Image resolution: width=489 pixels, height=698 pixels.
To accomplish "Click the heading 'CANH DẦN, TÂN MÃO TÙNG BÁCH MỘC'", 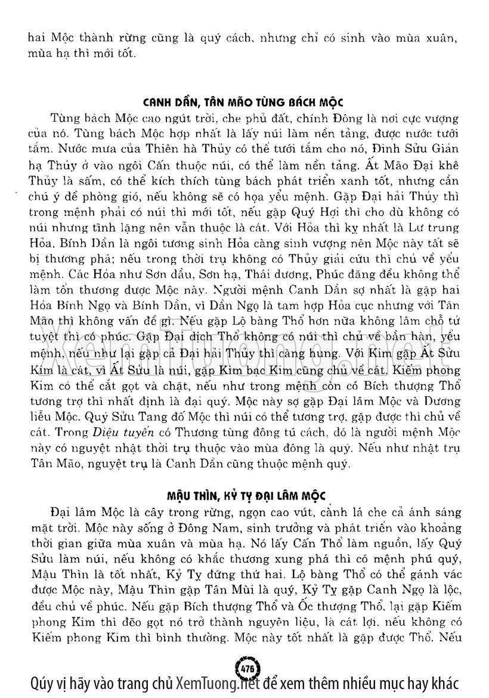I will [x=244, y=101].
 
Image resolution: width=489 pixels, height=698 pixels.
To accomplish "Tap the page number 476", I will [x=245, y=664].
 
